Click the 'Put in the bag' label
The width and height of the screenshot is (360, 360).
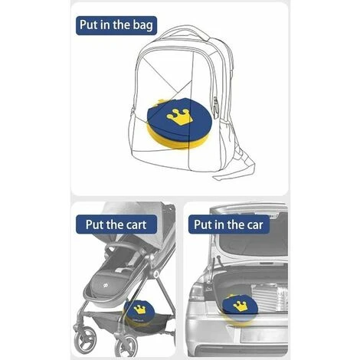coord(116,25)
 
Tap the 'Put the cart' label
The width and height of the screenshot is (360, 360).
coord(116,224)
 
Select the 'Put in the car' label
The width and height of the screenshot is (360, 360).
coord(229,224)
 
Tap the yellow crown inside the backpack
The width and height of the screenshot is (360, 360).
coord(178,117)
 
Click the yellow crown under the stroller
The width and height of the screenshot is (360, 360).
coord(139,309)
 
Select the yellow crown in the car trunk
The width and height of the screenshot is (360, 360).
coord(240,306)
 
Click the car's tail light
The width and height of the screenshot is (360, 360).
coord(198,292)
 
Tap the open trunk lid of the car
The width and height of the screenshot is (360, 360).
coord(249,230)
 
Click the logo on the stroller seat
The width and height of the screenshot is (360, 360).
coord(105,285)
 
